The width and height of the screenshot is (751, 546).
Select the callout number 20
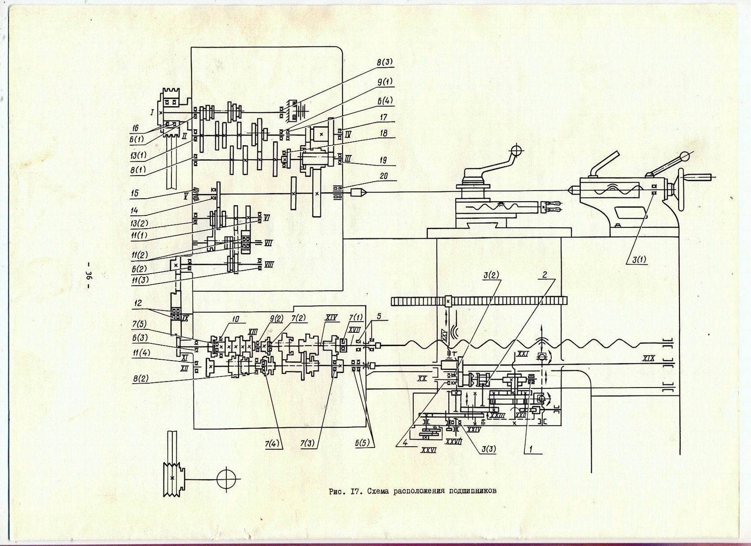tap(383, 176)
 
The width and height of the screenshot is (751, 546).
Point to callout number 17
tap(383, 118)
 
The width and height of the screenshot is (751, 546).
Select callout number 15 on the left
tap(135, 193)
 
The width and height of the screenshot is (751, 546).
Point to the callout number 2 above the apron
tap(545, 275)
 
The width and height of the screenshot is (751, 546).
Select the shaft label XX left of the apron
tap(423, 378)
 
